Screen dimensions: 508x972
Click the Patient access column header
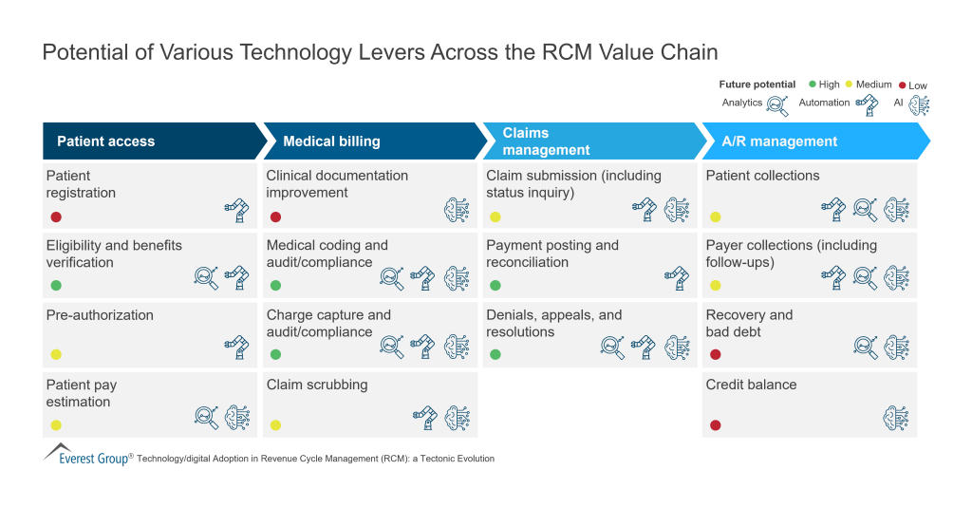click(105, 141)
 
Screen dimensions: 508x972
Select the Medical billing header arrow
click(331, 141)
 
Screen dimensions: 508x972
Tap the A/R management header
click(779, 141)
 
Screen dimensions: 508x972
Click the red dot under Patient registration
click(56, 216)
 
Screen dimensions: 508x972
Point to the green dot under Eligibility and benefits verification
click(56, 285)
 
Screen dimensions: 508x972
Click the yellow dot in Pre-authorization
click(56, 355)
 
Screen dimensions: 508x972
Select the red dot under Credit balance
click(716, 424)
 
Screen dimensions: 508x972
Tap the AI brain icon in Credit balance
click(896, 417)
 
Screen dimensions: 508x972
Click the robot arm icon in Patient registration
click(235, 209)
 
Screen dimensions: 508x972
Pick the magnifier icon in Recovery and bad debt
click(865, 348)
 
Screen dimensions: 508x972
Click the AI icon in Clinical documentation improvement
click(457, 209)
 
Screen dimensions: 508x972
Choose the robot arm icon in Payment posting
click(677, 278)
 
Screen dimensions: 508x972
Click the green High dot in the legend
click(812, 85)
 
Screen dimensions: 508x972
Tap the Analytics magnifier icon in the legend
click(777, 104)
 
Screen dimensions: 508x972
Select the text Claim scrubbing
click(316, 385)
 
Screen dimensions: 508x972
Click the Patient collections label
click(762, 176)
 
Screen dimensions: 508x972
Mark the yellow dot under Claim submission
click(495, 216)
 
